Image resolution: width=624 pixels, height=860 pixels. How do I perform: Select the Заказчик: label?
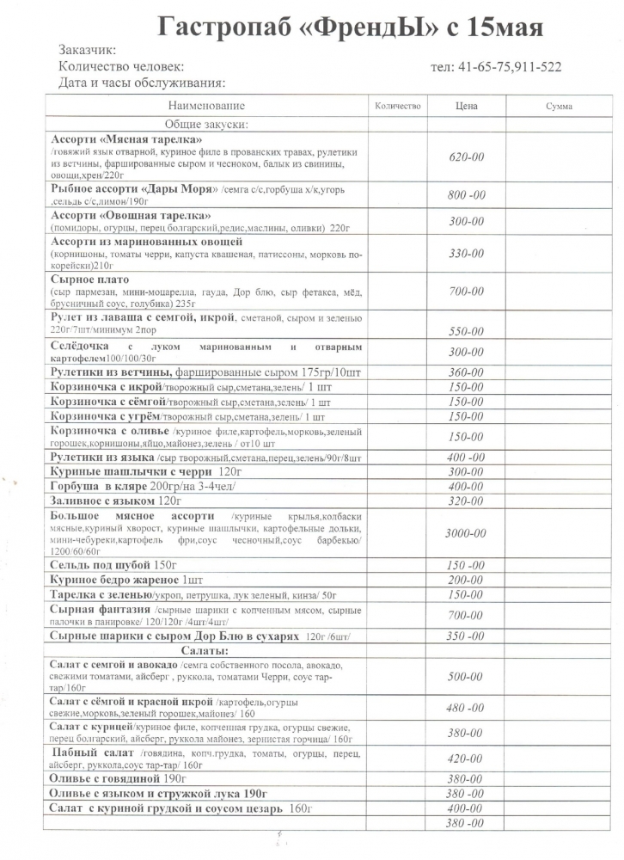89,52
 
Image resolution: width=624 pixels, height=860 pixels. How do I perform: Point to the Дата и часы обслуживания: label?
141,83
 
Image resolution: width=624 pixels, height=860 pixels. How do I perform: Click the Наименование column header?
206,106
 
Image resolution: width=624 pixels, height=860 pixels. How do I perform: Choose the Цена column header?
466,106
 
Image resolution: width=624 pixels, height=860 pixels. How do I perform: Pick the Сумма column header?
559,106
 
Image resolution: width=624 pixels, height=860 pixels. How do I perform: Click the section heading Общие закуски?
206,125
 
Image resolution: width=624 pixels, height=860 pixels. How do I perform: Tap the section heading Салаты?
206,651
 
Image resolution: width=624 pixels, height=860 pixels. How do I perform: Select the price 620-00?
467,157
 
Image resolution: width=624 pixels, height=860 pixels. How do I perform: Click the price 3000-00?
466,533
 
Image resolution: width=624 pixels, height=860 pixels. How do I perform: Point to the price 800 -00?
467,195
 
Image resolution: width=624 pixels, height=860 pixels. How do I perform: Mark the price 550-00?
467,331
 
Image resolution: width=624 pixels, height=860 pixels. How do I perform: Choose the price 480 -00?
466,708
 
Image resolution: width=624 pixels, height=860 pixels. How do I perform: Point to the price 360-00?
467,372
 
